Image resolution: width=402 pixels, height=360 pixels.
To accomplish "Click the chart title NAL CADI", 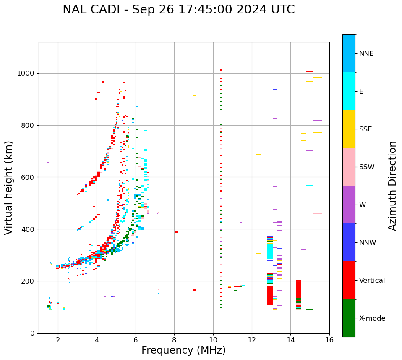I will coord(178,10).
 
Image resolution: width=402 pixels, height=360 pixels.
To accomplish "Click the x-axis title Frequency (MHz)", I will coord(183,350).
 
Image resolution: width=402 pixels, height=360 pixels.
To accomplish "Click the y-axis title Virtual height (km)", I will coord(9,187).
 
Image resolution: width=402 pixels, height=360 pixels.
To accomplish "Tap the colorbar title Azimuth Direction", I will coord(392,185).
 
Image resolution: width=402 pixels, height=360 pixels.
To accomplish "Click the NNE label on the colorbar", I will coord(366,54).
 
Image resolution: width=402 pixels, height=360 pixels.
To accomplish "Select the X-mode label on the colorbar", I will coord(372,318).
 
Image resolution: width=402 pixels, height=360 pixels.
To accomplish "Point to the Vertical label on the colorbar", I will coord(372,281).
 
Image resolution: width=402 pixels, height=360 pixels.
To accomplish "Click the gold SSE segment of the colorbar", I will coord(349,129).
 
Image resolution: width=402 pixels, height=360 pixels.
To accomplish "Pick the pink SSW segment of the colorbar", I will coord(349,167).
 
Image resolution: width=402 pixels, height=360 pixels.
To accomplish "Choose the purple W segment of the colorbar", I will coord(349,205).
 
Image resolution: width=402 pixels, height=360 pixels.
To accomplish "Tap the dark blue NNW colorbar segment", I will coord(349,242).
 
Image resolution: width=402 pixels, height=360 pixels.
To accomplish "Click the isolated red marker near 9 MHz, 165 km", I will coord(195,290).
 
